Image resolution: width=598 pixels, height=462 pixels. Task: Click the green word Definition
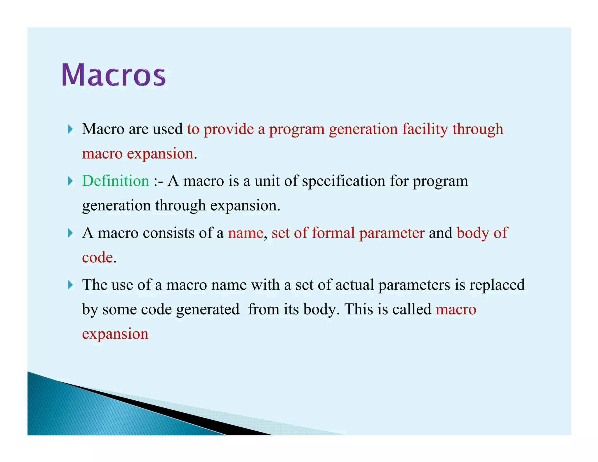coord(116,181)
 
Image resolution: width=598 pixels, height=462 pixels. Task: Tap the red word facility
coord(425,129)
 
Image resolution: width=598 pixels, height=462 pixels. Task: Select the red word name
coord(246,233)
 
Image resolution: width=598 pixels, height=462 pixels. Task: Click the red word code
coord(97,258)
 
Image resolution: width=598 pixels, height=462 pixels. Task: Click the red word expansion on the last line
coord(115,334)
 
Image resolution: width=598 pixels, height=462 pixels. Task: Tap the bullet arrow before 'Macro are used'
coord(70,129)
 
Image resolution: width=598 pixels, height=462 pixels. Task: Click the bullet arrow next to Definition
coord(70,181)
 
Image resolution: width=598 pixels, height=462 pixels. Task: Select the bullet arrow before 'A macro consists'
coord(70,233)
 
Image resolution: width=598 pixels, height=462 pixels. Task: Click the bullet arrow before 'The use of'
coord(70,285)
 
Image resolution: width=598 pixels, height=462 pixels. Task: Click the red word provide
coord(229,129)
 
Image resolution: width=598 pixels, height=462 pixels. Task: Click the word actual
coord(354,285)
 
